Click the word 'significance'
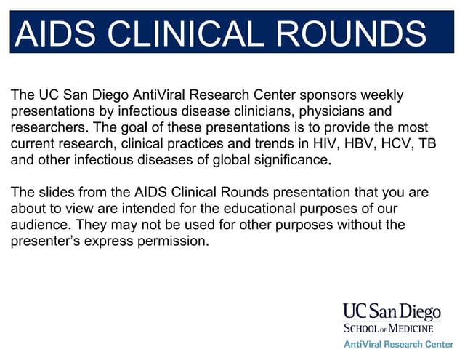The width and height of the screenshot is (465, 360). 291,159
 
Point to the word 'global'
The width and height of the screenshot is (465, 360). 232,159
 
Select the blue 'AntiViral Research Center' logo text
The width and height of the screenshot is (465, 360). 398,343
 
